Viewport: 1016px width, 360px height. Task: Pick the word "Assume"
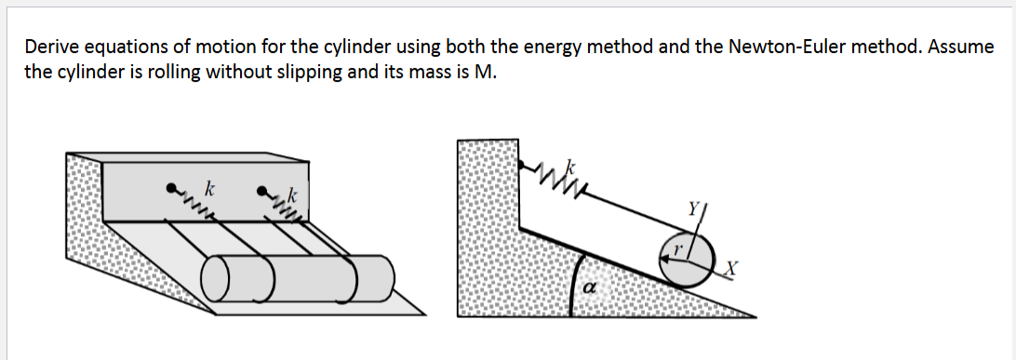961,47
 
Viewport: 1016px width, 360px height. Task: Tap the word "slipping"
312,72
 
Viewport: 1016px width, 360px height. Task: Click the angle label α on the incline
588,290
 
